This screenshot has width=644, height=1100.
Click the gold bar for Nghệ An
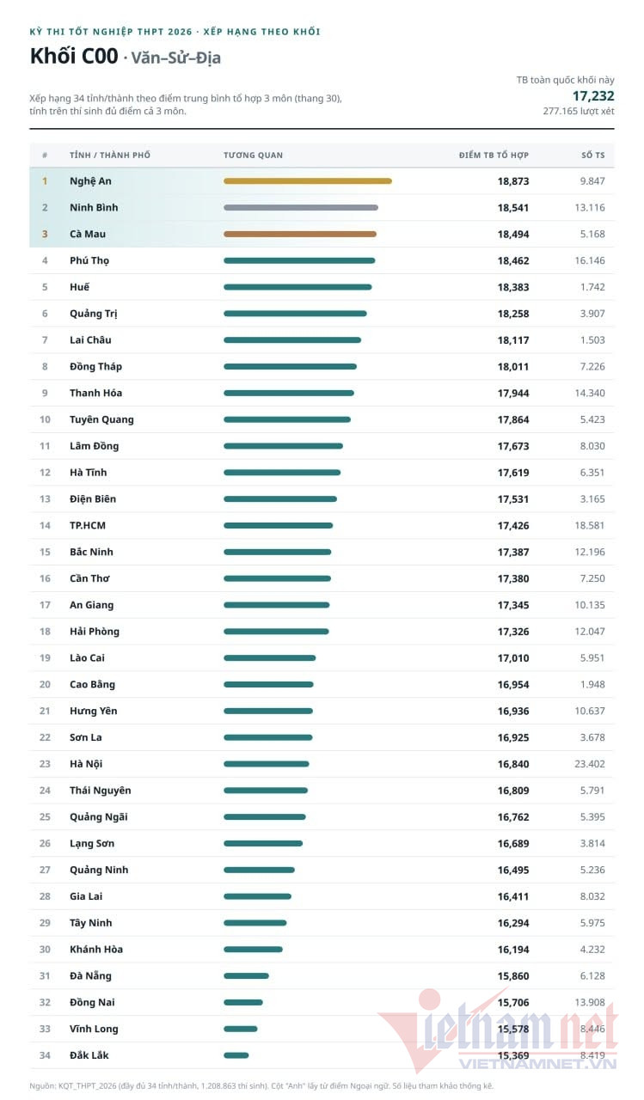coord(308,180)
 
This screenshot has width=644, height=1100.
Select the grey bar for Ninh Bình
coord(301,207)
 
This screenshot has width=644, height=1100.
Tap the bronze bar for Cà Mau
coord(300,234)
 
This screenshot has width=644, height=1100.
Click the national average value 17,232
coord(593,95)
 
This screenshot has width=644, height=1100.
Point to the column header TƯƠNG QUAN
coord(253,156)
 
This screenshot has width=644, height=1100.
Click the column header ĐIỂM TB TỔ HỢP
coord(494,156)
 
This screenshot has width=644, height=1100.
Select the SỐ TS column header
coord(593,156)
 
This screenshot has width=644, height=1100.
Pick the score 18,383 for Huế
coord(513,287)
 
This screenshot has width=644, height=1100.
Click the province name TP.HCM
coord(88,525)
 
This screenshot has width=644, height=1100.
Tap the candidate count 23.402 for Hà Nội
coord(590,764)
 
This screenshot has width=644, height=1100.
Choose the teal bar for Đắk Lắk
coord(236,1054)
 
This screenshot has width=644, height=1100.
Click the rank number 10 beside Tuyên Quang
coord(45,419)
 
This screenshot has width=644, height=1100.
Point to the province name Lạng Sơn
coord(92,844)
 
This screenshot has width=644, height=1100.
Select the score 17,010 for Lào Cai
coord(513,658)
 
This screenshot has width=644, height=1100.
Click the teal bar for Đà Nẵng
coord(246,975)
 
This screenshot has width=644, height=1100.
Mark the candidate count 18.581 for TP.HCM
coord(590,525)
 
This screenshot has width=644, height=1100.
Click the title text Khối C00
coord(74,56)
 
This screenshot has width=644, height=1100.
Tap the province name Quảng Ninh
coord(99,871)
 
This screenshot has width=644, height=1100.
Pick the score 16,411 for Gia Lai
coord(513,896)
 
